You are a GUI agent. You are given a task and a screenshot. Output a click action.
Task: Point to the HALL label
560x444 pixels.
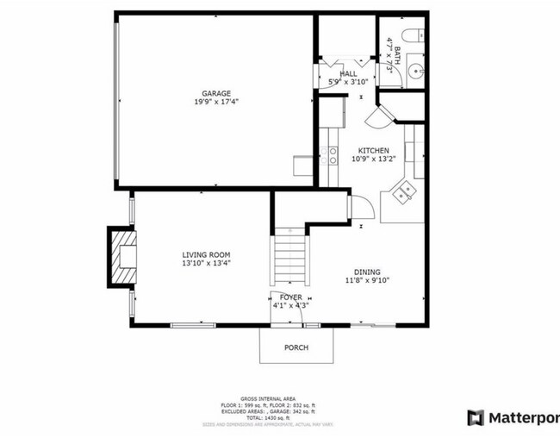point(349,74)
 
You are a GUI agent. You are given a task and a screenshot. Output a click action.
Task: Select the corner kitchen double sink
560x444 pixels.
point(402,194)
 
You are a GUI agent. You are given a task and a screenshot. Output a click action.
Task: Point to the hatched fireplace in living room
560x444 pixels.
point(118,256)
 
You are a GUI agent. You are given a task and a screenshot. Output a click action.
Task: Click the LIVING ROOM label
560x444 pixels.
point(206,254)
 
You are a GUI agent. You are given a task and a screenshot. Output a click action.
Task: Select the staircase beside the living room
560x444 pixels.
point(289,259)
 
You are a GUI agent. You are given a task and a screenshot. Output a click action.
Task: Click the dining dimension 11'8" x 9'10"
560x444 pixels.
point(369,279)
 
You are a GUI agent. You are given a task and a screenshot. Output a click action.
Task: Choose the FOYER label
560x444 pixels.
point(289,297)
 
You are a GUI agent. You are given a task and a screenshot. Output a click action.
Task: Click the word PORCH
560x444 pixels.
point(296,347)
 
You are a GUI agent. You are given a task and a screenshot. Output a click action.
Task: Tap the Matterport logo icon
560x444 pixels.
point(475,418)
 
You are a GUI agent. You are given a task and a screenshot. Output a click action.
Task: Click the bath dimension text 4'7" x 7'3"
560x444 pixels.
point(392,53)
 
